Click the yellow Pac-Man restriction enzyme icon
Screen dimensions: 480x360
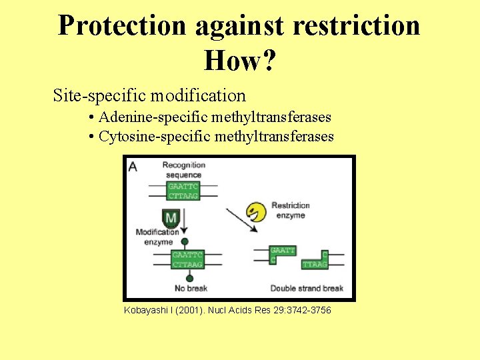(x=256, y=212)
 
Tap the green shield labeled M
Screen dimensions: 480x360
(x=171, y=218)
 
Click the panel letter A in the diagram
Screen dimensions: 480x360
(x=133, y=166)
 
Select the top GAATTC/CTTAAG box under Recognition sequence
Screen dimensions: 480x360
(x=183, y=191)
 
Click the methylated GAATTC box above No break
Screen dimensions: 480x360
(x=187, y=260)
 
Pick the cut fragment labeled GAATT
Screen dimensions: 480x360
(x=283, y=253)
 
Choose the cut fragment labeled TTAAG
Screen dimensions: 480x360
(x=315, y=261)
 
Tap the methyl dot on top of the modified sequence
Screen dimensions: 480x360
(x=184, y=242)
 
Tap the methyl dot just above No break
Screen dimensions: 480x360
(x=190, y=278)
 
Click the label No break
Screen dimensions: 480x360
(x=191, y=289)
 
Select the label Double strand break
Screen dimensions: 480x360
(x=307, y=289)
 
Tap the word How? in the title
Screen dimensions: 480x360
(x=240, y=61)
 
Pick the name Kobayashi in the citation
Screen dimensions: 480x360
(x=146, y=311)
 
